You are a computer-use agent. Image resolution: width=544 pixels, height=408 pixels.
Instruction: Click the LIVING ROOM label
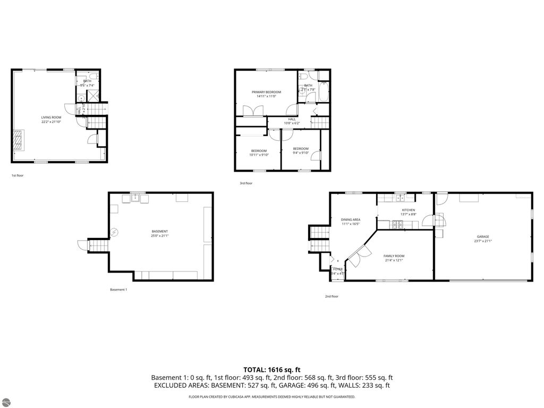(x=52, y=117)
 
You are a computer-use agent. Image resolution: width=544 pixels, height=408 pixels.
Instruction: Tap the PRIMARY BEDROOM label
(x=266, y=92)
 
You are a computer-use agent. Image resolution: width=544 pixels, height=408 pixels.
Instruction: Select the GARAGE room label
(x=482, y=236)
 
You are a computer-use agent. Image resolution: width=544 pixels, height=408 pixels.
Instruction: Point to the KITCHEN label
(x=408, y=210)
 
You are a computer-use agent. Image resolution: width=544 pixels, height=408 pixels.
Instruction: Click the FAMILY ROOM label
(x=394, y=256)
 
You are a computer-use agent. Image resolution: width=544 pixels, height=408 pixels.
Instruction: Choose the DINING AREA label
(x=351, y=219)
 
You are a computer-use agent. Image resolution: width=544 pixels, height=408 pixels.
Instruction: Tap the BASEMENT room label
(x=160, y=231)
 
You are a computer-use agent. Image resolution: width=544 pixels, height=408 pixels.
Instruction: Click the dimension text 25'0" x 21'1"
(x=160, y=236)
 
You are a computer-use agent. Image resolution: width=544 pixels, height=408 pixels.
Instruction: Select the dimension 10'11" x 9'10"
(x=259, y=155)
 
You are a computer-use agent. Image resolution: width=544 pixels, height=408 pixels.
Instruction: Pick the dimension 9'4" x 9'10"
(x=301, y=153)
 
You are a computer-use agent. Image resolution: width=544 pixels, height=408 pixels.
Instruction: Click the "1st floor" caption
(x=18, y=175)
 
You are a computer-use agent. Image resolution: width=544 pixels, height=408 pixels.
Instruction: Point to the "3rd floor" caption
(x=246, y=183)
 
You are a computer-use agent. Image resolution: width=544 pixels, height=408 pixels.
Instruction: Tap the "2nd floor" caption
(x=331, y=296)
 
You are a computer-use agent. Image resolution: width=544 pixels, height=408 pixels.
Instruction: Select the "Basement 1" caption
(x=118, y=290)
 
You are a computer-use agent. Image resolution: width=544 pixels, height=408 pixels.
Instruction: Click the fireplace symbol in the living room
(x=19, y=140)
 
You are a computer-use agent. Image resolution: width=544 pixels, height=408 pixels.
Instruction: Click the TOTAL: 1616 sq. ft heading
(x=272, y=369)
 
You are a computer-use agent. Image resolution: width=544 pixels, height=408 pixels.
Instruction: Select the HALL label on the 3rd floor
(x=292, y=119)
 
